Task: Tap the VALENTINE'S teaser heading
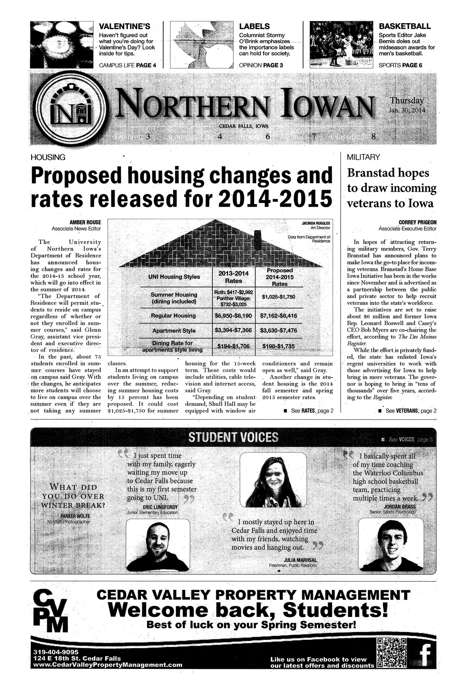click(x=125, y=27)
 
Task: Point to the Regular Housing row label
click(x=173, y=315)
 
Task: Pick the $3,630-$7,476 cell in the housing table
click(x=278, y=330)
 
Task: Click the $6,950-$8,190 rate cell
click(x=233, y=315)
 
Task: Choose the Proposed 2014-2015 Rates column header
click(x=279, y=277)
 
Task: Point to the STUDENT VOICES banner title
click(x=233, y=437)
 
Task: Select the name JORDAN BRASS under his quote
click(x=400, y=507)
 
